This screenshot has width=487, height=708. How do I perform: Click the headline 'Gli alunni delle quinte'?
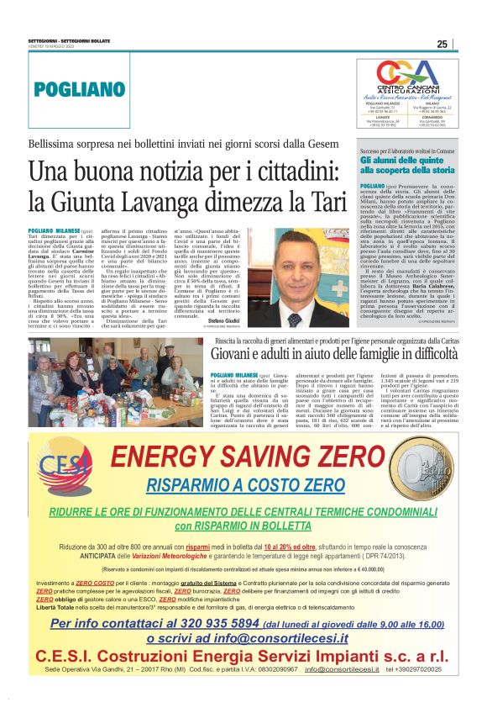[406, 159]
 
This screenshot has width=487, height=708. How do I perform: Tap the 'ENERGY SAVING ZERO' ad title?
[243, 457]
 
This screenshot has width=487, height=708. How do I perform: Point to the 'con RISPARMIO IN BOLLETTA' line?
[243, 526]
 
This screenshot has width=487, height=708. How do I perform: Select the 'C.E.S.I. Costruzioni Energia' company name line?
[243, 679]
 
